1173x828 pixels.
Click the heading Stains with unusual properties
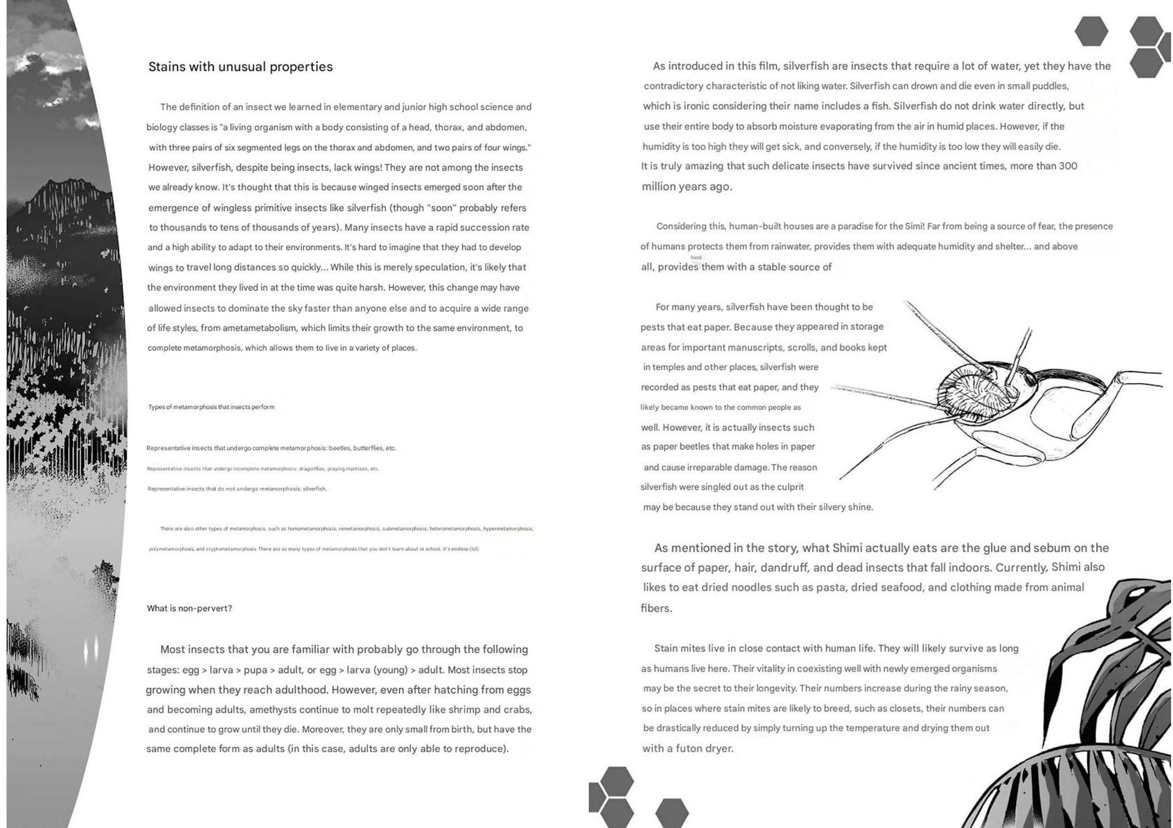(240, 67)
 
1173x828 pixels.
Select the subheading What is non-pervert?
(189, 608)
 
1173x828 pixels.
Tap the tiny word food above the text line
(696, 257)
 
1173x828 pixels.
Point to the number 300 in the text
(1068, 166)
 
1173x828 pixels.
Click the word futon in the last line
(688, 748)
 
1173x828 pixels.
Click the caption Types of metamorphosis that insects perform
(211, 407)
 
